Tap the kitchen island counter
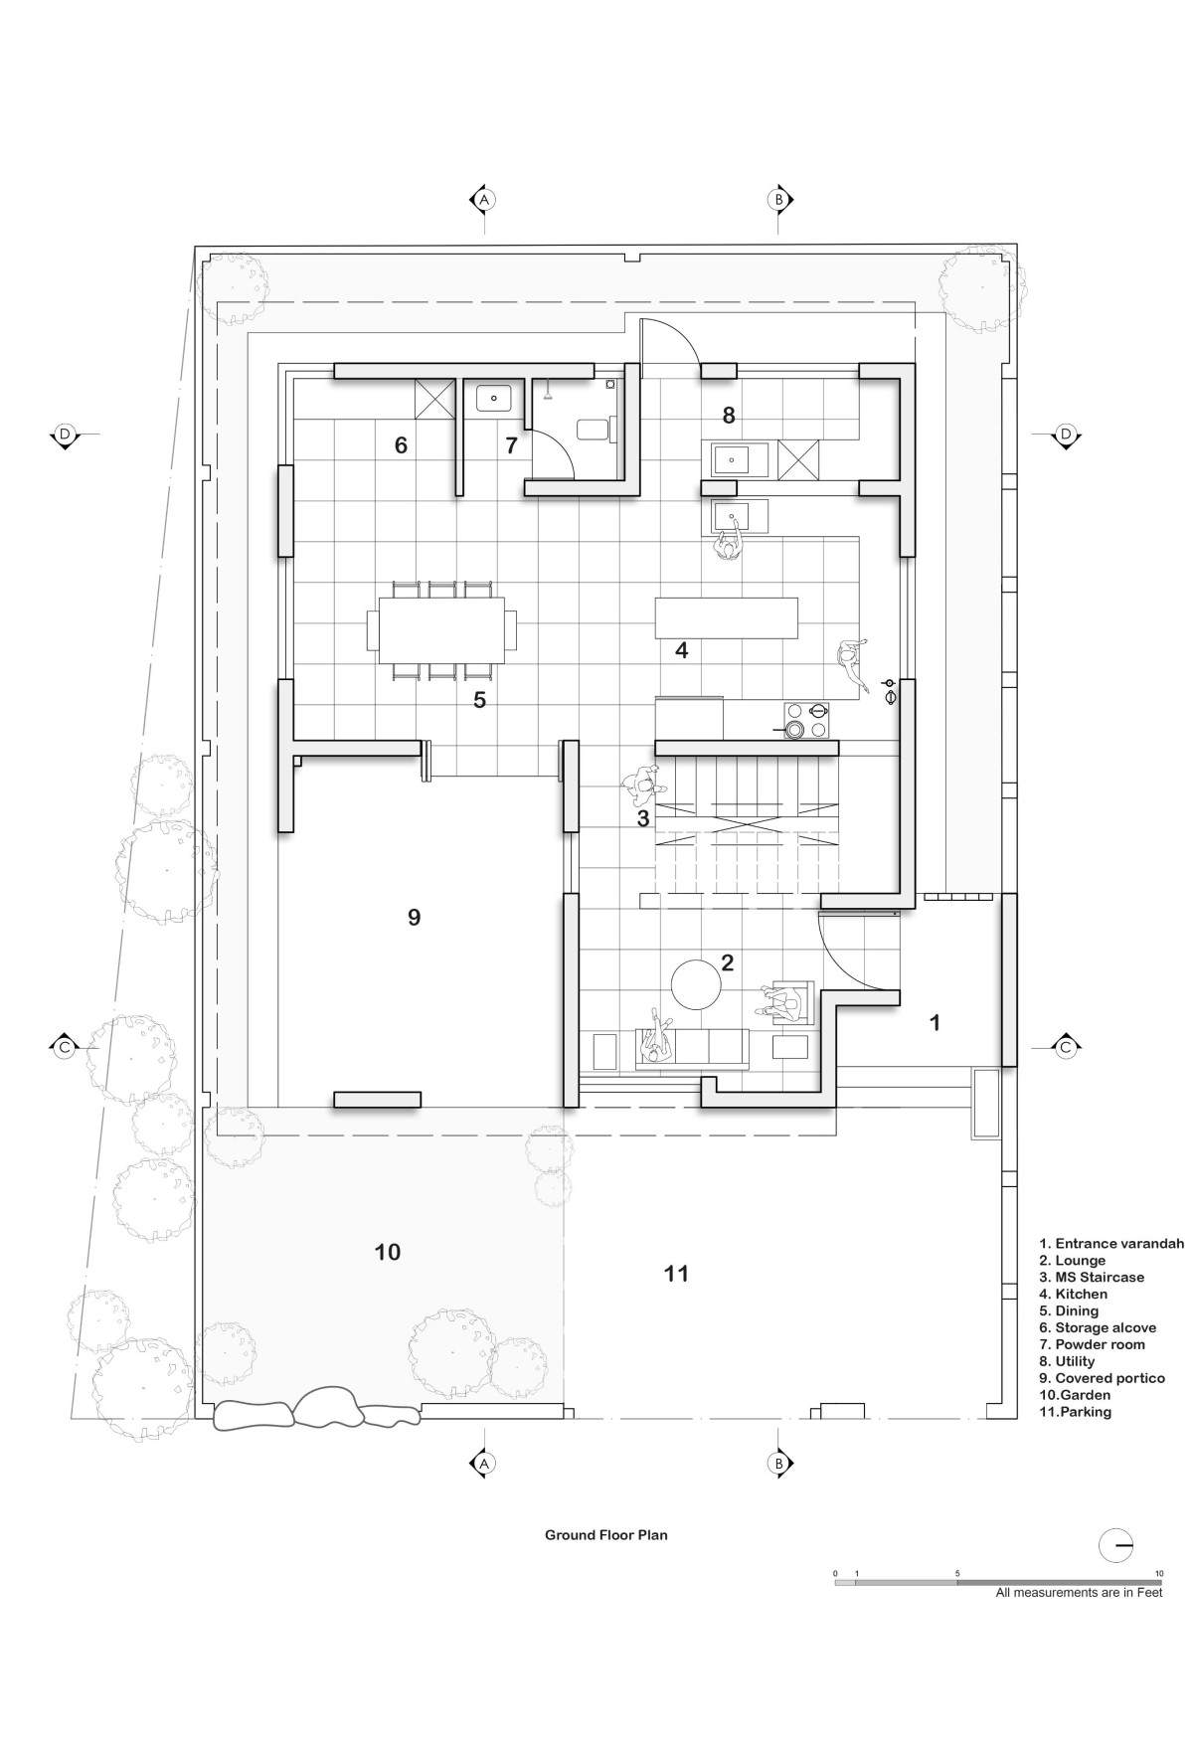coord(727,617)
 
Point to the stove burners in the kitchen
coord(807,721)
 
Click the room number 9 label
coord(415,917)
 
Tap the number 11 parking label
coord(676,1274)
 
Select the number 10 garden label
coord(388,1252)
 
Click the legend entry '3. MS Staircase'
coord(1092,1278)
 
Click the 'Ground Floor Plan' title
coord(605,1535)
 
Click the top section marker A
coord(483,200)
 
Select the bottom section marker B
coord(778,1464)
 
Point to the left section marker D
coord(65,435)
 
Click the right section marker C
coord(1066,1047)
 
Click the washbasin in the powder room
coord(494,399)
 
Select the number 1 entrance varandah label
coord(935,1022)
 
